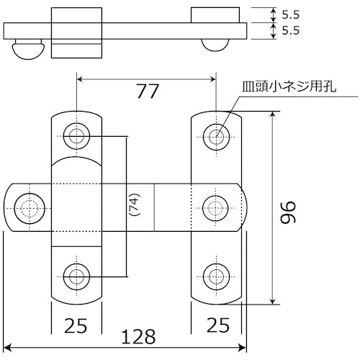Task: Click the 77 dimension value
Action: coord(147,91)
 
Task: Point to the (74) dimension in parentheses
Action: coord(132,205)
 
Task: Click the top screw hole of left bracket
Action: coord(76,135)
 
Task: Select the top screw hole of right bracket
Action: coord(216,135)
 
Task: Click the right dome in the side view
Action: coord(216,45)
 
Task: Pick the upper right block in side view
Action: coord(215,15)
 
